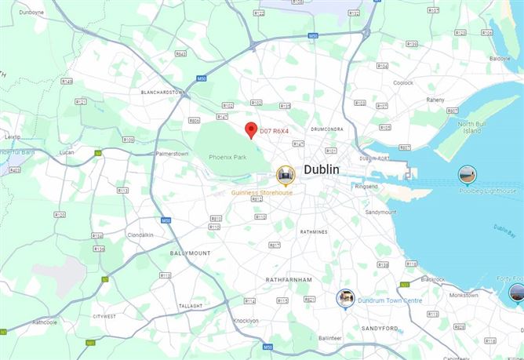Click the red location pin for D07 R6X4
250,129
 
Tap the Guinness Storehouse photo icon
286,174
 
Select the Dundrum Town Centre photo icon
345,298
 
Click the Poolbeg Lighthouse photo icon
468,174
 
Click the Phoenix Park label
227,158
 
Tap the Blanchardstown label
162,92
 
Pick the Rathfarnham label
289,279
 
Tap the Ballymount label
190,253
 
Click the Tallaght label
190,306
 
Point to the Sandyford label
379,328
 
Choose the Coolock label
403,82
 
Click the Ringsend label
366,187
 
